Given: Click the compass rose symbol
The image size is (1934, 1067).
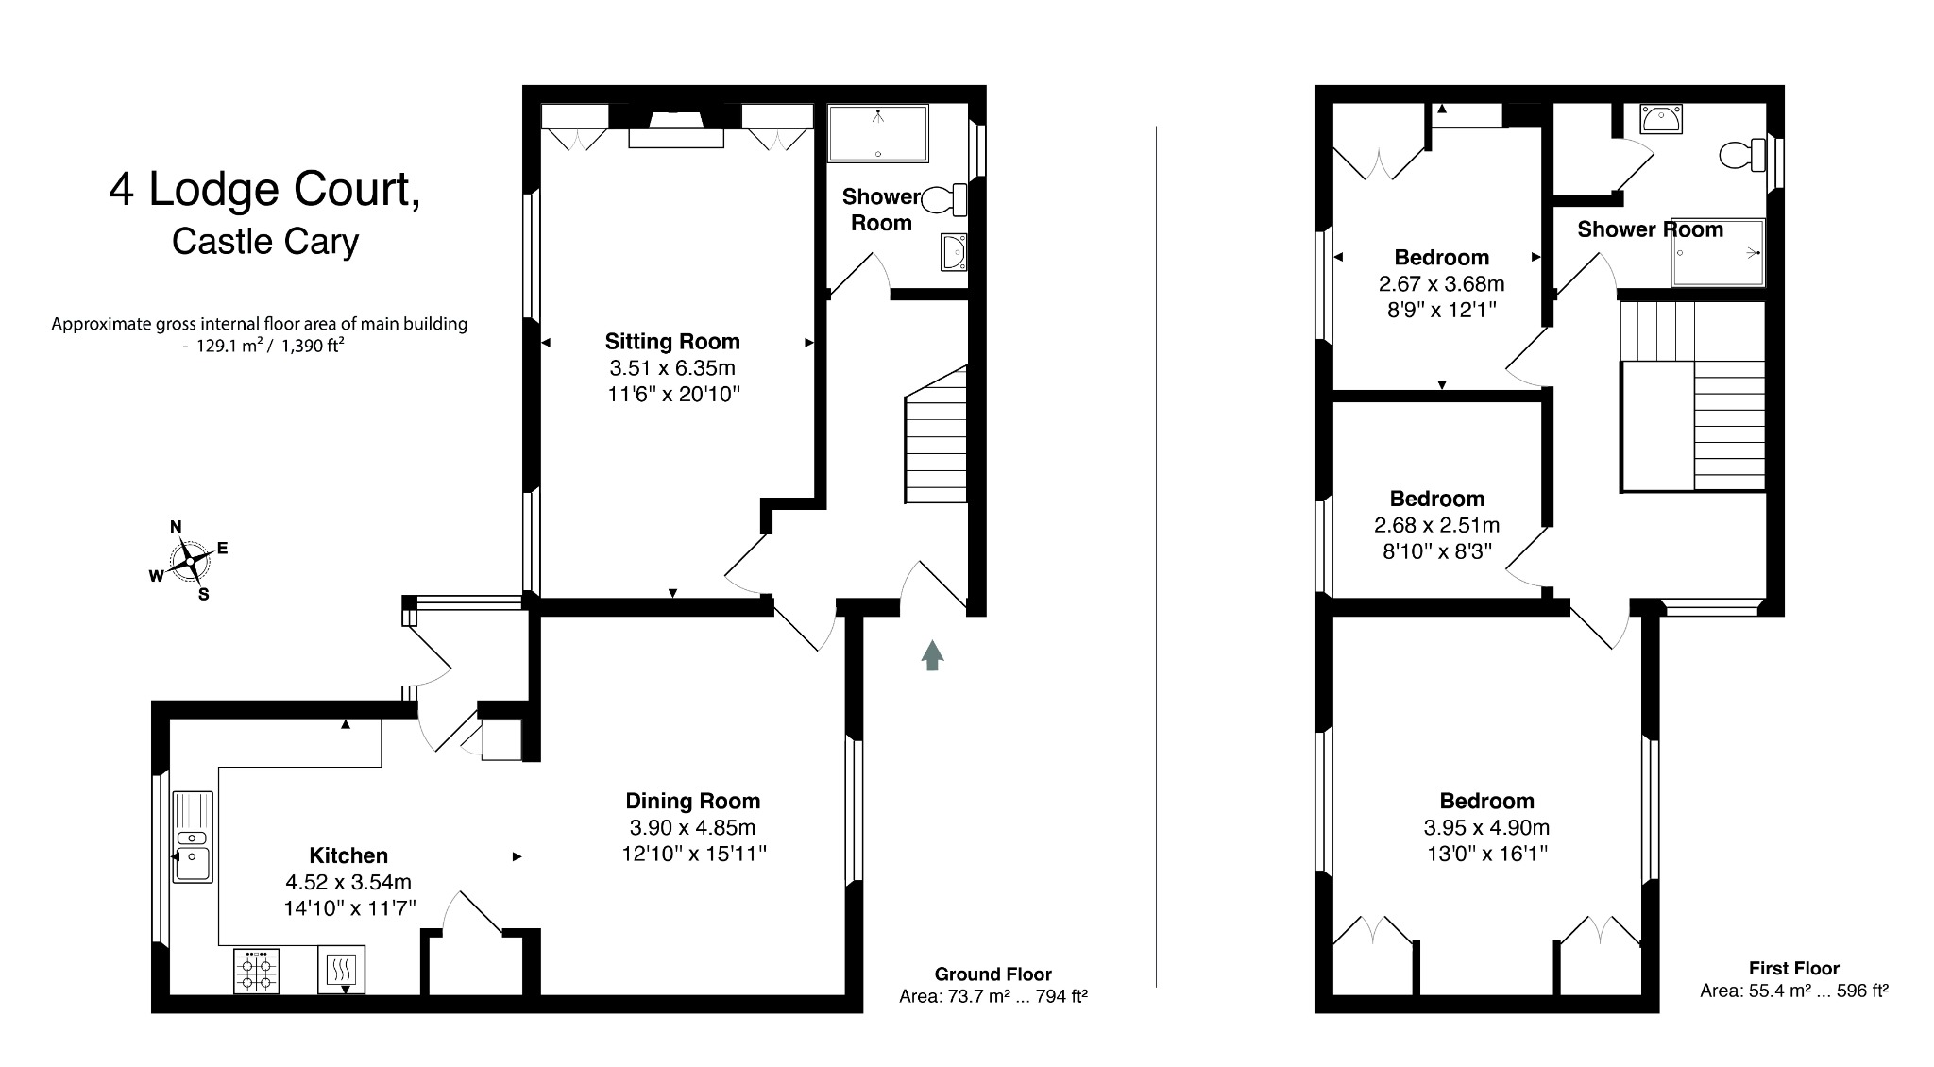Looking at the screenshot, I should pyautogui.click(x=190, y=561).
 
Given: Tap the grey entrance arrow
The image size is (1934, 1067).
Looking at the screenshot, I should pyautogui.click(x=932, y=654).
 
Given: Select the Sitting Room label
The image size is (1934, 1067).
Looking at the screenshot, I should pyautogui.click(x=671, y=341).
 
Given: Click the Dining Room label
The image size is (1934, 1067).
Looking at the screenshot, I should pyautogui.click(x=692, y=801).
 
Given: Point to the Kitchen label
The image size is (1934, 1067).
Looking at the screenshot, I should pyautogui.click(x=348, y=855).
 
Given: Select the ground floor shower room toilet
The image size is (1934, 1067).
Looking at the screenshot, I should pyautogui.click(x=945, y=200).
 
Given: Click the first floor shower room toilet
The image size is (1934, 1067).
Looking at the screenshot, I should pyautogui.click(x=1742, y=155).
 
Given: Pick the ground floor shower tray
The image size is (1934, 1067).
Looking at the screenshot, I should pyautogui.click(x=878, y=133).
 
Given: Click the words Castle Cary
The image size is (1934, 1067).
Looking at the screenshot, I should pyautogui.click(x=265, y=242).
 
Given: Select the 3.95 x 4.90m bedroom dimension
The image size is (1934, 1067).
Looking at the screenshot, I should pyautogui.click(x=1486, y=828).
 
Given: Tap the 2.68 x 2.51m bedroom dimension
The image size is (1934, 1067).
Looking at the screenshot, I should pyautogui.click(x=1436, y=525).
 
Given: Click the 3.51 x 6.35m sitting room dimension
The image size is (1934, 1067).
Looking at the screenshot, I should pyautogui.click(x=671, y=368).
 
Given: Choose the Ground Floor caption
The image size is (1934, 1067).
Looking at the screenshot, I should pyautogui.click(x=992, y=974).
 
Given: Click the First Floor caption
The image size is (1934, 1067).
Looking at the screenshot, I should pyautogui.click(x=1793, y=968).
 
